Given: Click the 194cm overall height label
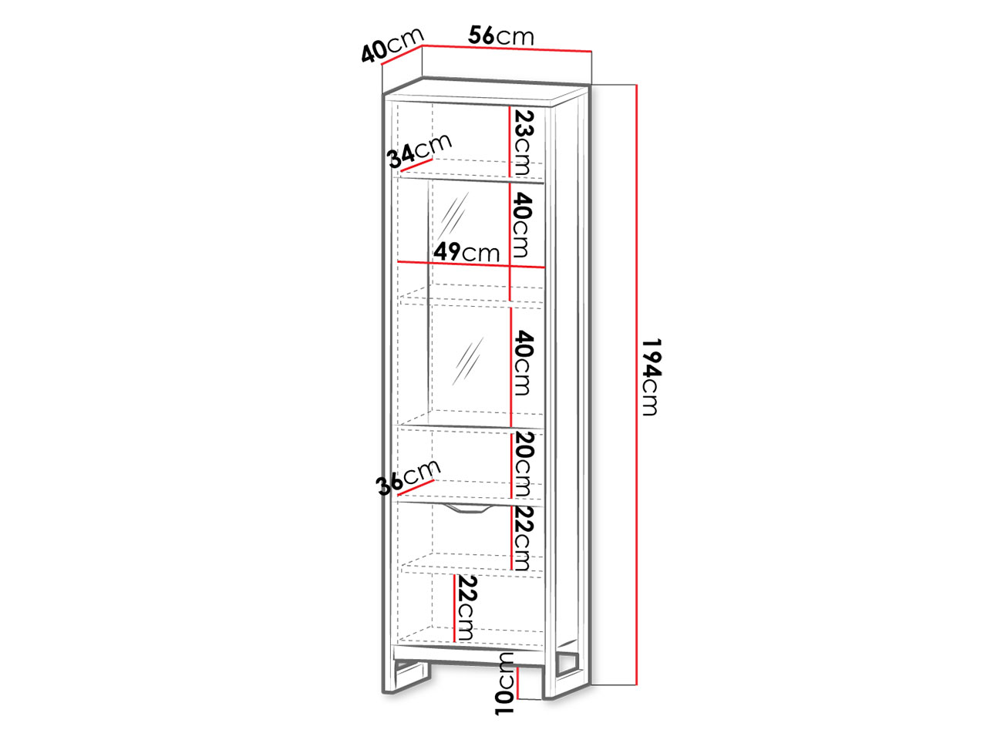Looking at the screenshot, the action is (x=650, y=377).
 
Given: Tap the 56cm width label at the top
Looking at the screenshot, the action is (x=501, y=35).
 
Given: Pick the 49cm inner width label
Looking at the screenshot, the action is (x=467, y=252).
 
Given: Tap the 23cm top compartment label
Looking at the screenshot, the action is (x=523, y=143).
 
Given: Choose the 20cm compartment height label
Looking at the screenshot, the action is (x=523, y=464).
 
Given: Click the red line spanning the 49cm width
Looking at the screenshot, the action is (x=471, y=264).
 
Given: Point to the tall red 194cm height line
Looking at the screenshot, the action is (x=637, y=385).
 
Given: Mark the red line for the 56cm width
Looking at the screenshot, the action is (x=507, y=48).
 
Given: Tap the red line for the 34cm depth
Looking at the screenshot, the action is (x=416, y=164).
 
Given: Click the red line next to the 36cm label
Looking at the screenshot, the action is (x=416, y=487).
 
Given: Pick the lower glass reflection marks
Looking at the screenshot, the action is (x=467, y=361).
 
